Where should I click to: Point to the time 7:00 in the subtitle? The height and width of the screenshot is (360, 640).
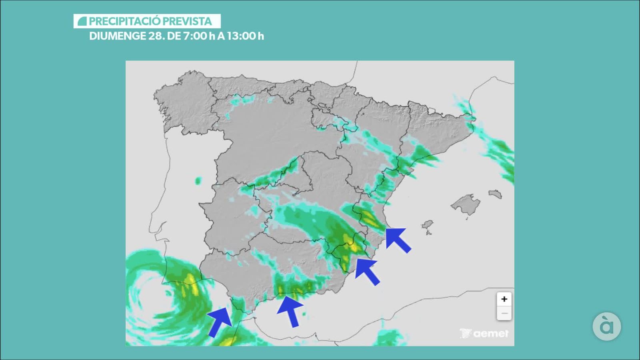click(x=196, y=36)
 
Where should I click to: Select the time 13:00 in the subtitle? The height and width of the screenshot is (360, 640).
click(x=241, y=36)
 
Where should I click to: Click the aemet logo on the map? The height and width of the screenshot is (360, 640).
click(x=484, y=333)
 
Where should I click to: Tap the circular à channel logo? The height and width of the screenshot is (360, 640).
click(x=606, y=326)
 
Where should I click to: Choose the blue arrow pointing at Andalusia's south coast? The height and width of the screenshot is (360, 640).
click(x=290, y=311)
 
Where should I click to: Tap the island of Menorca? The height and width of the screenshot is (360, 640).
click(x=495, y=194)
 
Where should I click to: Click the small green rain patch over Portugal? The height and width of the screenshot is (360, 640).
click(x=198, y=181)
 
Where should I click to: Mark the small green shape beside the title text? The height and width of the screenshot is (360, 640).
click(x=82, y=21)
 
